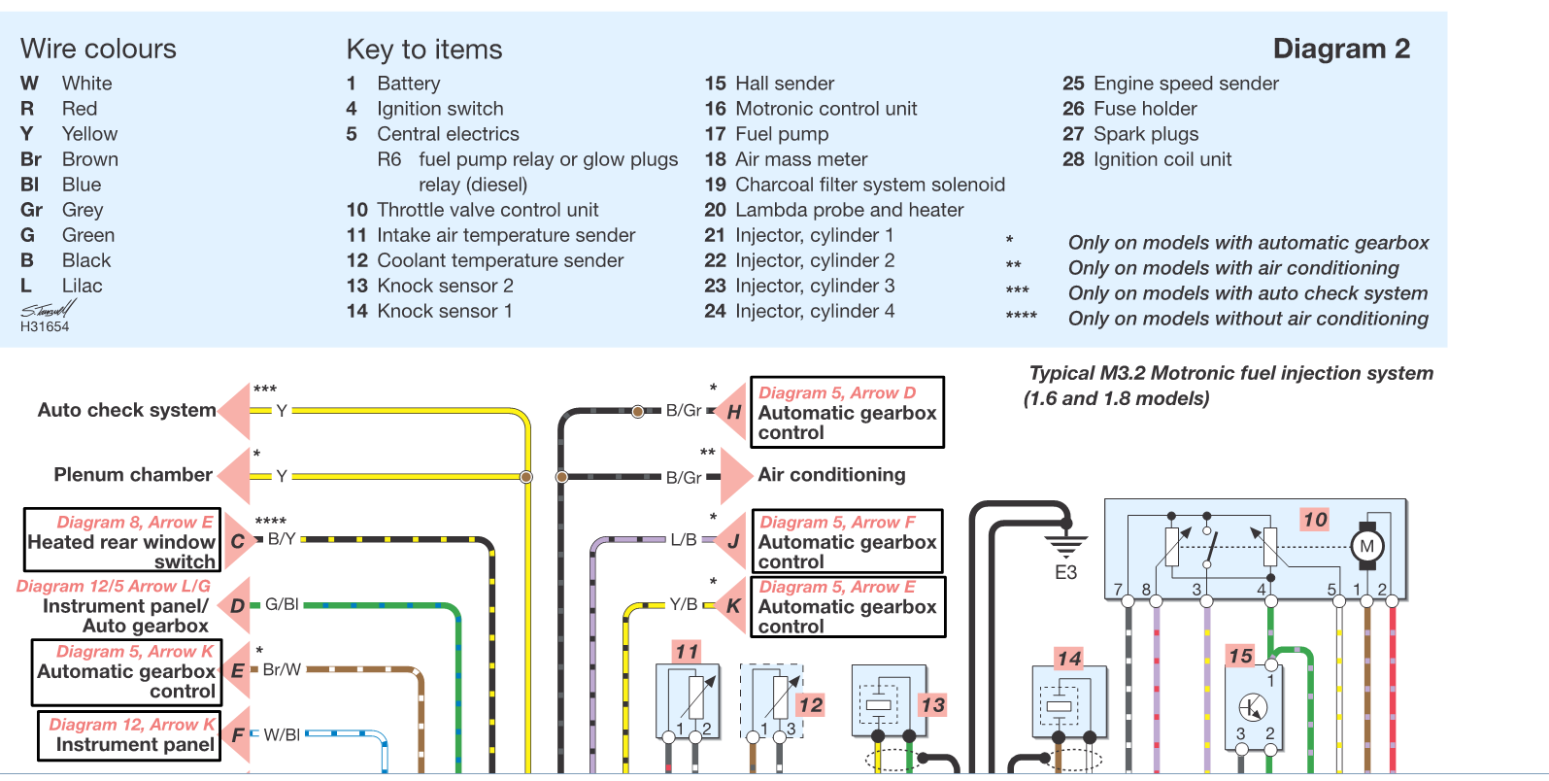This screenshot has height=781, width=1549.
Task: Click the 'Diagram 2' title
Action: click(1341, 49)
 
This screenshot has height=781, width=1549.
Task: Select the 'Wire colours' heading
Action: click(98, 50)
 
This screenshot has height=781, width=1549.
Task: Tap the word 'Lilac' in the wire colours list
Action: click(82, 286)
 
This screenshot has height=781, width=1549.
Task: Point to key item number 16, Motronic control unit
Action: click(811, 109)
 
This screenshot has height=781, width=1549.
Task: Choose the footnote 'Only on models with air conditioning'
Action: click(1233, 268)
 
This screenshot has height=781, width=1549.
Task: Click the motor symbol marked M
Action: click(1367, 547)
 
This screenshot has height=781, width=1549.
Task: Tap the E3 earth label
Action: click(1065, 573)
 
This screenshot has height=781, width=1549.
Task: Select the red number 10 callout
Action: click(1315, 520)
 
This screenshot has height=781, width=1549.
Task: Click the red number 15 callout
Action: click(1240, 655)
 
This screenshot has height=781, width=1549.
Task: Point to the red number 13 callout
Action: click(932, 705)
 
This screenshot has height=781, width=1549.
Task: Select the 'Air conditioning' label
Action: click(831, 475)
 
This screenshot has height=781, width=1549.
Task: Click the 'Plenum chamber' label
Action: click(133, 475)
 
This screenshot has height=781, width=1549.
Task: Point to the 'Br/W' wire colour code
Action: click(283, 669)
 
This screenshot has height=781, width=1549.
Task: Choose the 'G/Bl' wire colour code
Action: click(283, 604)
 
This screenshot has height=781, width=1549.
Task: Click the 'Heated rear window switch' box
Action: click(122, 540)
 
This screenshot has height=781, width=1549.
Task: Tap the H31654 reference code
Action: click(45, 326)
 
